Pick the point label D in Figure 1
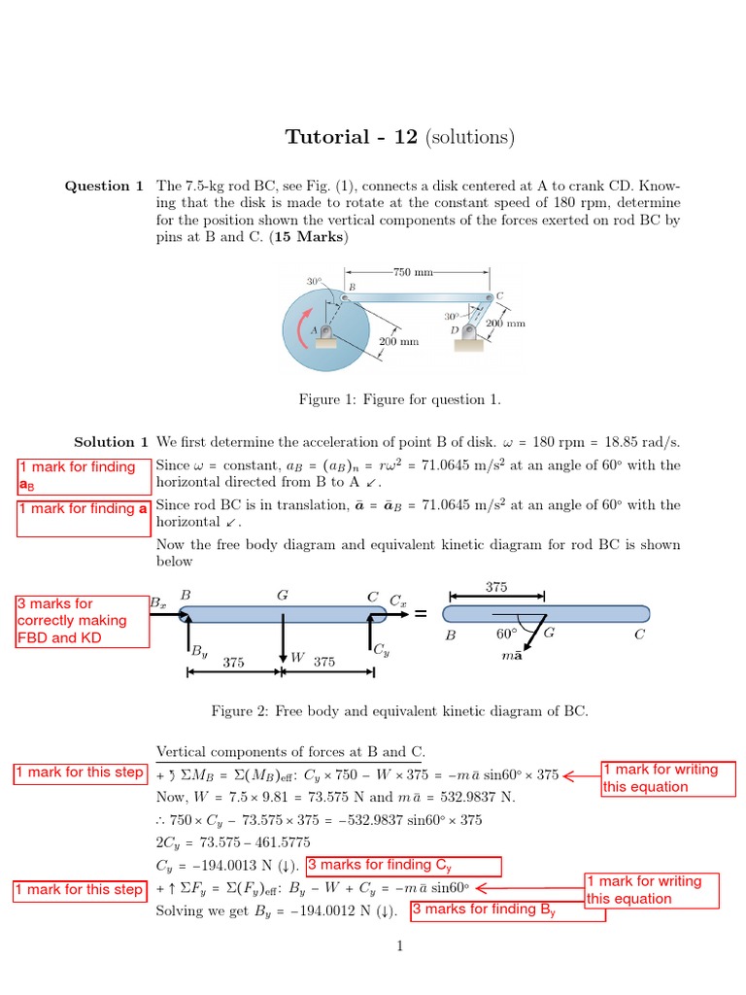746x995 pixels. [x=454, y=331]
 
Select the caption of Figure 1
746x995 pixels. [x=399, y=399]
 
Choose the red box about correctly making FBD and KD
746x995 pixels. [x=82, y=621]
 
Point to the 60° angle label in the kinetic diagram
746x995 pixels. [x=506, y=635]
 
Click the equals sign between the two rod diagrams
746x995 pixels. [x=421, y=614]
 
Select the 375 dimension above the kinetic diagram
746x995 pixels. [x=495, y=586]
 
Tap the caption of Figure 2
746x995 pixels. [x=399, y=711]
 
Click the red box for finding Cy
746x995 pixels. [x=403, y=866]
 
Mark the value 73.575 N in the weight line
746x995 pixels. [x=329, y=797]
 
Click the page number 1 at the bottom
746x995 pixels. [x=399, y=946]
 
